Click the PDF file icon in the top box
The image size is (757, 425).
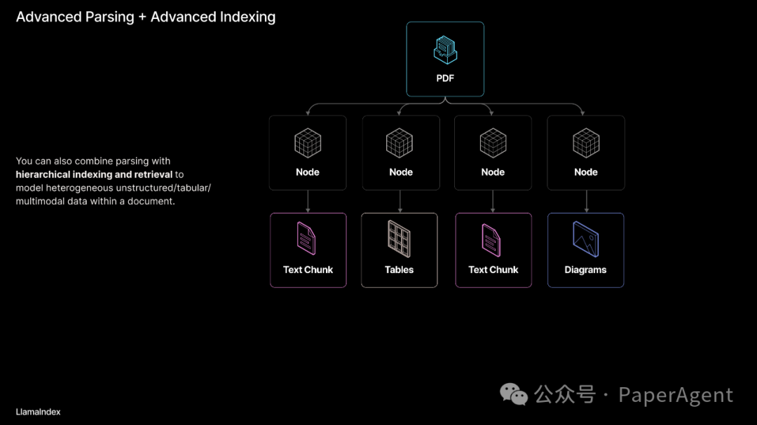[445, 50]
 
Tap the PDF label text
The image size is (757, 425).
[445, 78]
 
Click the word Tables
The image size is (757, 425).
[399, 270]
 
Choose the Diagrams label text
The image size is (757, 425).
[585, 270]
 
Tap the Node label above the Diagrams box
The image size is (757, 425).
[586, 172]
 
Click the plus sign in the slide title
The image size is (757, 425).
[142, 18]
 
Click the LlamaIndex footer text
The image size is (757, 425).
[38, 412]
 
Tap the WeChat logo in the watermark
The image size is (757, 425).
[514, 395]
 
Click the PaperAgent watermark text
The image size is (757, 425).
[675, 396]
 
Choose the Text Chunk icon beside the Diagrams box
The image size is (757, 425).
[493, 239]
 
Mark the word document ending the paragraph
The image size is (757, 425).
[151, 201]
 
